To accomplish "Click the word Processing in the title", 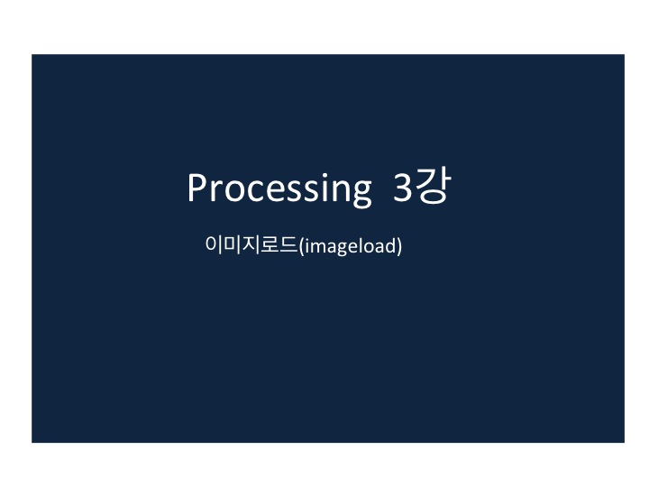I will point(278,188).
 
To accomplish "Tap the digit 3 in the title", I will point(402,188).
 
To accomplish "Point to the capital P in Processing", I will point(197,187).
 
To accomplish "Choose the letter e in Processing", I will point(266,190).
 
